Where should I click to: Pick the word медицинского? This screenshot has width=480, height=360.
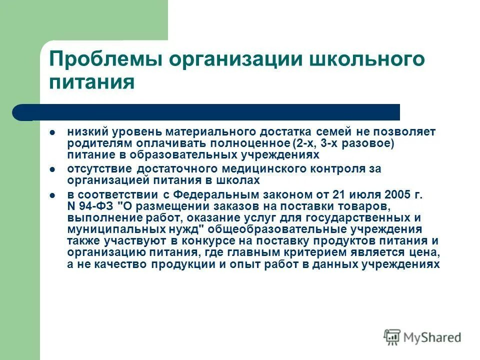tap(255, 168)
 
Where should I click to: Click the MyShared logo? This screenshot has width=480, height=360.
tap(423, 336)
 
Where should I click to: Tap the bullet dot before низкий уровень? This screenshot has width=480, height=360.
tap(52, 132)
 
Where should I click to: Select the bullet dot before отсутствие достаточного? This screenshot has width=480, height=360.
tap(52, 169)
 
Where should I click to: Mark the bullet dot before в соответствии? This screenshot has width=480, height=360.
tap(52, 195)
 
